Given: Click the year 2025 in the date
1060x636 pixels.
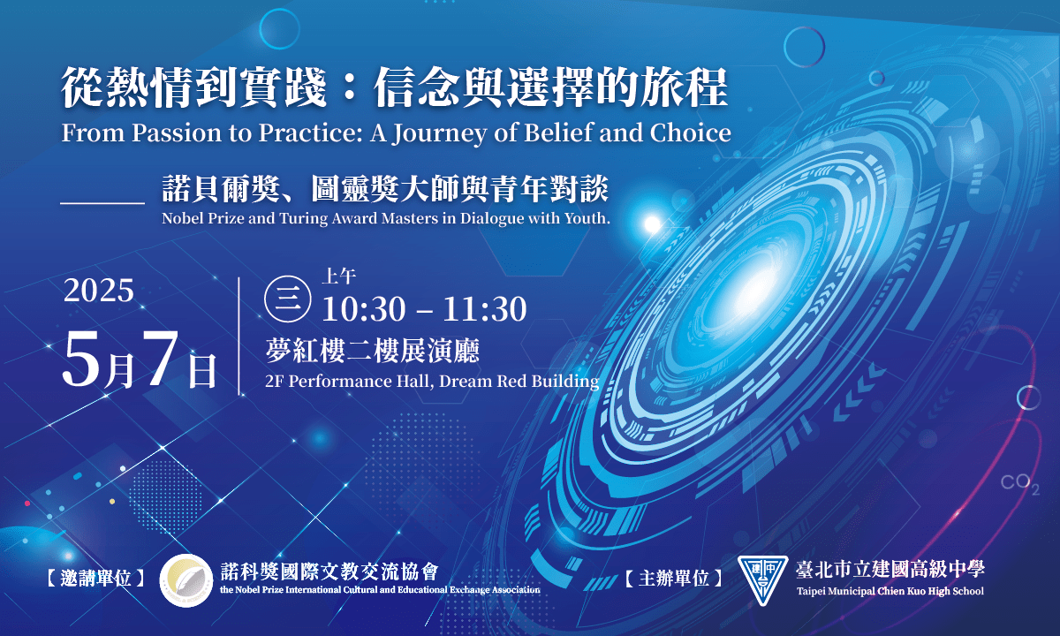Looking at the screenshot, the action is point(99,290).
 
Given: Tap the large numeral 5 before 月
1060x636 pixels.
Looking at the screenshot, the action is point(81,359).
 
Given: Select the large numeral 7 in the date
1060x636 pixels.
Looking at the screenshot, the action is point(161,359).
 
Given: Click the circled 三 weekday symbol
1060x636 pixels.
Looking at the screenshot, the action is point(288,299).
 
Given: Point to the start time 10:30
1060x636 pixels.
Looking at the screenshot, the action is point(364,309).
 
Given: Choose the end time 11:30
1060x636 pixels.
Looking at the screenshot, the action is point(485,309).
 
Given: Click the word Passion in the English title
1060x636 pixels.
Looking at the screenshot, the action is point(177,132).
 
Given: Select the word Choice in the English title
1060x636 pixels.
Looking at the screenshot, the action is point(691,132).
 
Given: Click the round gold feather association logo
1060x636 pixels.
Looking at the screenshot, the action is point(186,580).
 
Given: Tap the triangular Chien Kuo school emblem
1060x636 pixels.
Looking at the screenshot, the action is point(762,579).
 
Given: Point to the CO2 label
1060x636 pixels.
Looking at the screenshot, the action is point(1019,484).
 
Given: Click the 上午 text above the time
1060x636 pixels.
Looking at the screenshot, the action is point(339,276).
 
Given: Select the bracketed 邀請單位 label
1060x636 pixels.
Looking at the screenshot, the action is point(95,579).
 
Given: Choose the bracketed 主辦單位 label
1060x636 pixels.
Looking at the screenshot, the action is point(674,579).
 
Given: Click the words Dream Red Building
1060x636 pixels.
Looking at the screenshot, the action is point(519,381).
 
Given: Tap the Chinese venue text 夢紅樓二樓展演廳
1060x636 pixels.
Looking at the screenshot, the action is point(373,351).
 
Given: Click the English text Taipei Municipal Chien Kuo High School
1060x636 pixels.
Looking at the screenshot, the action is point(890,591).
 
